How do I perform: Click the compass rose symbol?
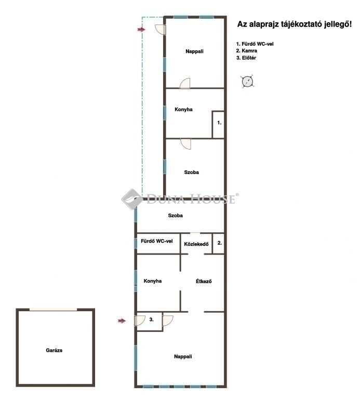[x=247, y=82]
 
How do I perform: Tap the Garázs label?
[x=54, y=350]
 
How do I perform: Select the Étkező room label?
[x=204, y=281]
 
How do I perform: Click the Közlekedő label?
[x=196, y=244]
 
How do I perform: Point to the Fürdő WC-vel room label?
[x=157, y=241]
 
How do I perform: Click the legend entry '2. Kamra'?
[x=247, y=50]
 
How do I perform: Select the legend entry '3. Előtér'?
[x=246, y=58]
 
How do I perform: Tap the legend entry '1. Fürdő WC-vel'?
[x=255, y=44]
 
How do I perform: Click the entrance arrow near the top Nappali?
[x=141, y=30]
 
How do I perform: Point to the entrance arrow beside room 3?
[x=122, y=321]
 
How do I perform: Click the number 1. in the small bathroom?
[x=219, y=123]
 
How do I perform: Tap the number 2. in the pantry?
[x=220, y=243]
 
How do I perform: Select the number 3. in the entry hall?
[x=151, y=320]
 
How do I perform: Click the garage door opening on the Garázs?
[x=53, y=309]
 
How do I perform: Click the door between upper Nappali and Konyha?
[x=185, y=84]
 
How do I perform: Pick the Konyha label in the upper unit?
[x=183, y=110]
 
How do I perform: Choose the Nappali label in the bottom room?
[x=183, y=356]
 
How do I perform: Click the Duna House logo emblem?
[x=132, y=199]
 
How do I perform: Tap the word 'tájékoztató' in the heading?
[x=297, y=24]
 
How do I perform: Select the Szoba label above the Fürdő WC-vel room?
[x=175, y=215]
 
